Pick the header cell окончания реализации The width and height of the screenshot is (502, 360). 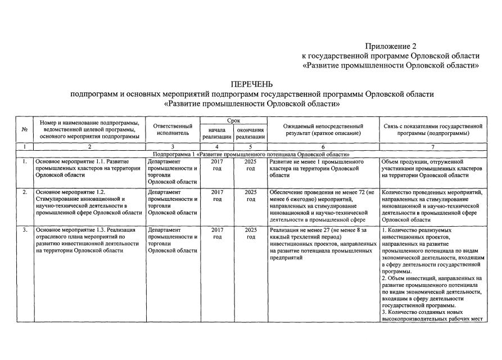(250, 133)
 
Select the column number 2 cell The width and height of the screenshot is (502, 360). (89, 147)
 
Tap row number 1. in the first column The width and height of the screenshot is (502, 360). (24, 161)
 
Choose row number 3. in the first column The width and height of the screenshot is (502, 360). (24, 230)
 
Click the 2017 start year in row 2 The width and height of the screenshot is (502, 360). (217, 192)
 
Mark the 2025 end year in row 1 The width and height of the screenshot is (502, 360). (251, 161)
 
